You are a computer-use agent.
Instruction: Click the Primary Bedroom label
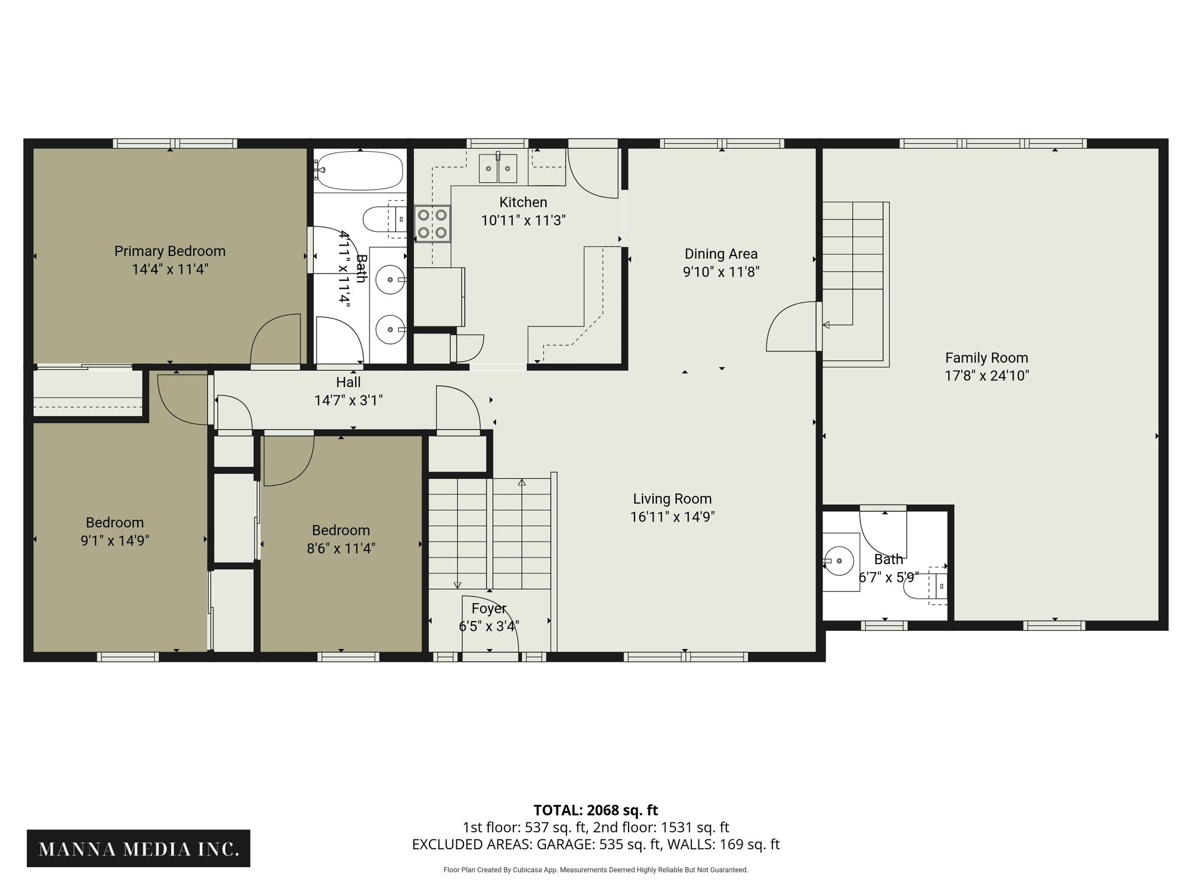169,251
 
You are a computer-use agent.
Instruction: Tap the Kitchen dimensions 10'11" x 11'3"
523,221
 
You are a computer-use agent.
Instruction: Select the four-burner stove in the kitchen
432,224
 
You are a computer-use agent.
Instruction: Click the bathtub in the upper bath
360,170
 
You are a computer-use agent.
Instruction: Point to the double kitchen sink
498,169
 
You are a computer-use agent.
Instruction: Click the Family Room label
986,357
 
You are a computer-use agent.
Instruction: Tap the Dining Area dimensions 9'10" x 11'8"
721,272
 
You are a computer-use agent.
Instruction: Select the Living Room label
672,499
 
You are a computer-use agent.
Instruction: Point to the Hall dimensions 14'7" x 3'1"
348,400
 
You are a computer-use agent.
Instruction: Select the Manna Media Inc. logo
139,848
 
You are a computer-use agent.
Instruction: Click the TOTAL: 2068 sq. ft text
595,810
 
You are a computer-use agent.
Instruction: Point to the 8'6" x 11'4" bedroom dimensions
340,548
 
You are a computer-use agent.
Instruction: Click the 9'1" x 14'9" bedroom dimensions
115,540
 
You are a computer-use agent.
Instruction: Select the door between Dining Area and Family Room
792,327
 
